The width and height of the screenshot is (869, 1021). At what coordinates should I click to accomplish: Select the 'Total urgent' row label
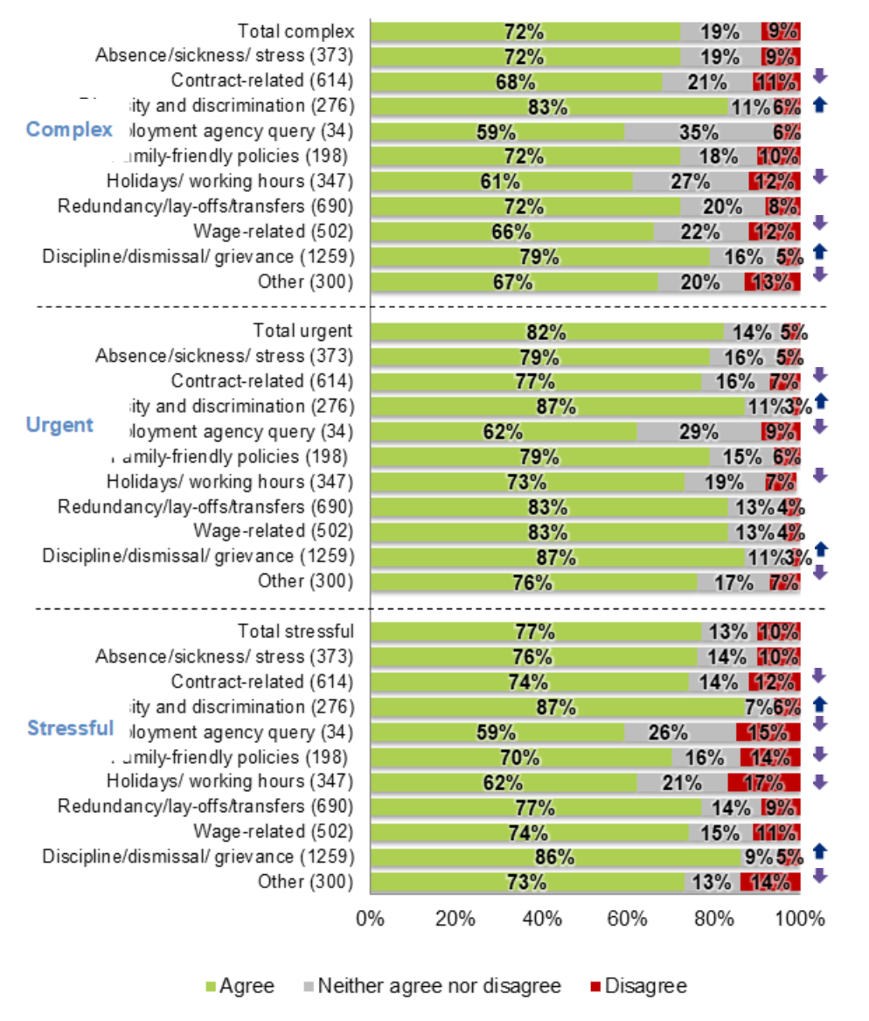[302, 330]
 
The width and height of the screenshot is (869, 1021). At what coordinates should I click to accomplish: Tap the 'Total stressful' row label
[295, 631]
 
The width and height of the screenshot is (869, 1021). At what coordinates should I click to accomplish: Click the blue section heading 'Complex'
[70, 130]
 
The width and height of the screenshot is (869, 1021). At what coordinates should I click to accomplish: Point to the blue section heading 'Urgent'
[59, 425]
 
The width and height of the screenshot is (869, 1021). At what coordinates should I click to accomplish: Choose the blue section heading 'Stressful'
[71, 728]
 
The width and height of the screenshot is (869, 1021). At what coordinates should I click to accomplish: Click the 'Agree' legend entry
[240, 986]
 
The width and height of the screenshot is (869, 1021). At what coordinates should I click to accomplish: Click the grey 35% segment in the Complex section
[699, 132]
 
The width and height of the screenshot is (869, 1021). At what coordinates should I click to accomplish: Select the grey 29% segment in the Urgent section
[699, 432]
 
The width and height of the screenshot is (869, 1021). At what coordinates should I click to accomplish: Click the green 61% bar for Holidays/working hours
[500, 182]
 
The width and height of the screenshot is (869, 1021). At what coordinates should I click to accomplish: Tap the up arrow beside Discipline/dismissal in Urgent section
[820, 549]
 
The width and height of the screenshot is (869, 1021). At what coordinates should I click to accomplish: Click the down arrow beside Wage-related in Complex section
[819, 223]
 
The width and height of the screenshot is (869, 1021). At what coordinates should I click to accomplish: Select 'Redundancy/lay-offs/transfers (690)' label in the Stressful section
[205, 806]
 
